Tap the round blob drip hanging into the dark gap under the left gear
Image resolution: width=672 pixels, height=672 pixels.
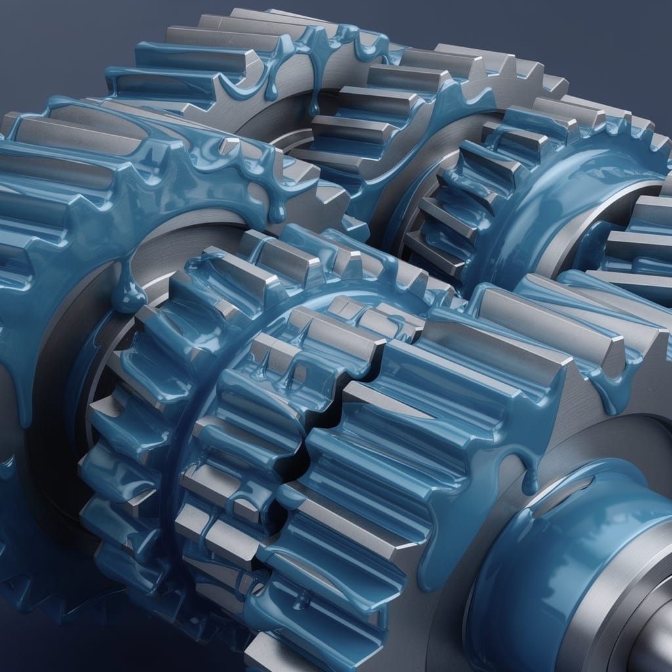click(x=128, y=299)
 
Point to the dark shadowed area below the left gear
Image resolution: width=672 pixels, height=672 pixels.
click(x=39, y=630)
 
